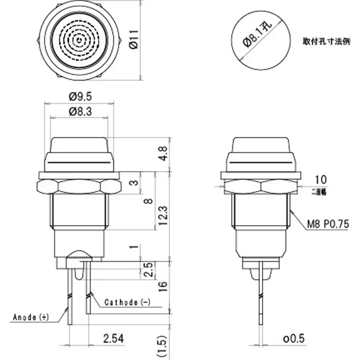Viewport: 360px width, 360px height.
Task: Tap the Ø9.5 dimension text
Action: (x=80, y=96)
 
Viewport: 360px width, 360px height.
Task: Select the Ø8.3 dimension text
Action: (x=80, y=112)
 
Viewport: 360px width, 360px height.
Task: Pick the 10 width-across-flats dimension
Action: (x=321, y=180)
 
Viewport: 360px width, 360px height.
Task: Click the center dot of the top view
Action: (x=80, y=41)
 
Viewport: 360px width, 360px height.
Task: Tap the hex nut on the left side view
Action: (x=79, y=185)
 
